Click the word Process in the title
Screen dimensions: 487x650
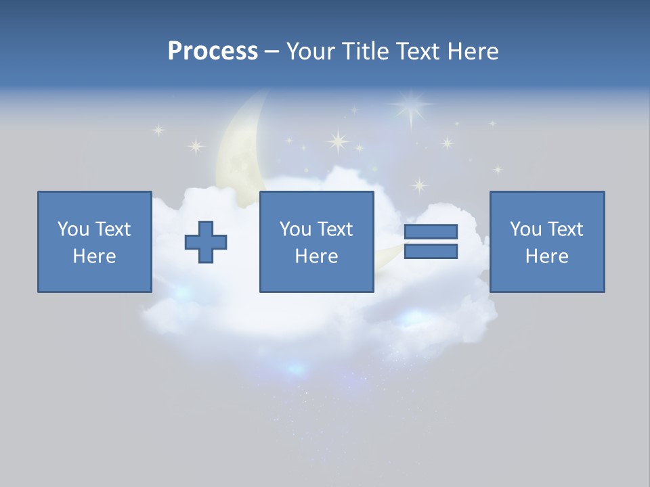(x=213, y=51)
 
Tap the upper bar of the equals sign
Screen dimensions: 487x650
(x=431, y=232)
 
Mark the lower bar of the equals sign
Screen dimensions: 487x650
(x=431, y=252)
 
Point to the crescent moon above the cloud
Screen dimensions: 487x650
(x=237, y=149)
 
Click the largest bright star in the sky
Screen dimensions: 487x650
(x=410, y=106)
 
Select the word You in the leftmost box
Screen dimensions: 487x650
(x=72, y=229)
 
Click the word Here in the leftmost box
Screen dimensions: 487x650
(x=95, y=256)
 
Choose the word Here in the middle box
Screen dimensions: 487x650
(x=317, y=256)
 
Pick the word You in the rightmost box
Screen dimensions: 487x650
(x=525, y=229)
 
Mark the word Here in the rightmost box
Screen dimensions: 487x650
(x=547, y=256)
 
